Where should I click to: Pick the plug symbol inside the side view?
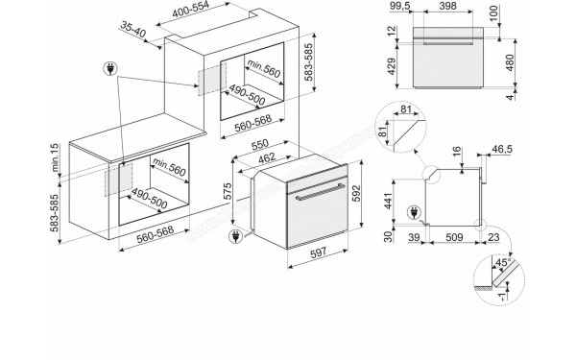coord(414,212)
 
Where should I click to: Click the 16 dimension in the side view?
coord(455,151)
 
